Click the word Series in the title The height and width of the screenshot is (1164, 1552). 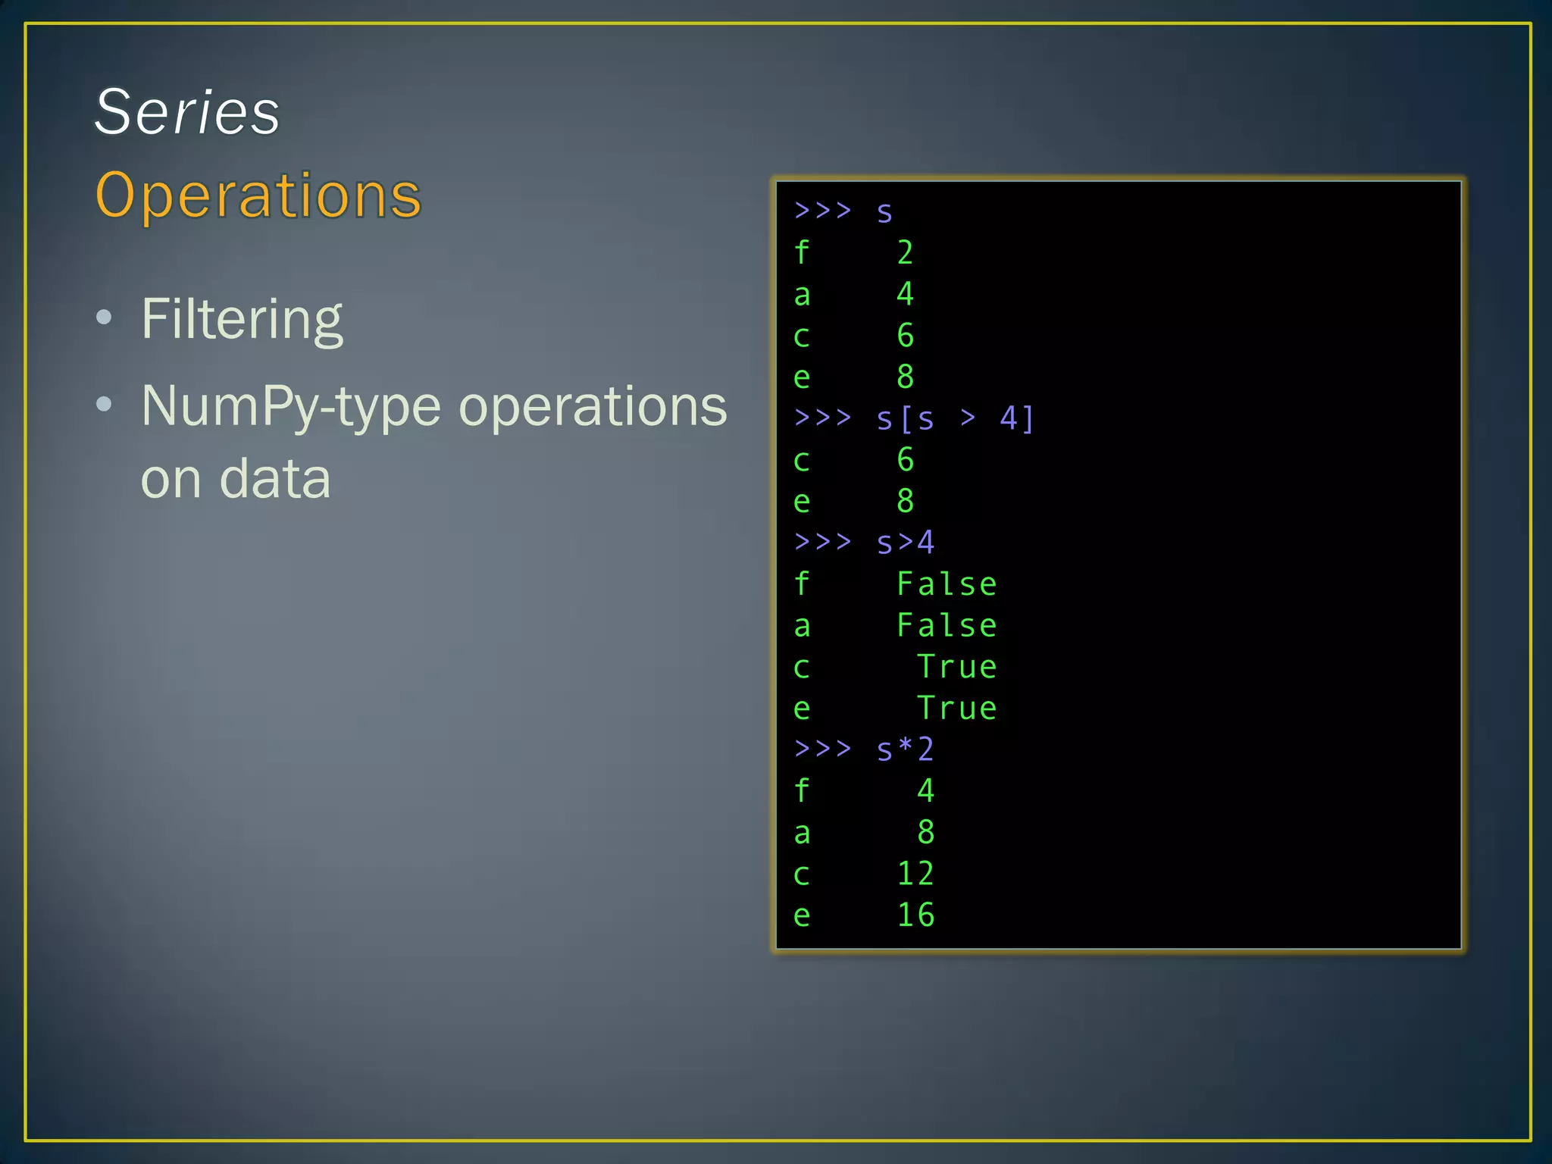pyautogui.click(x=187, y=112)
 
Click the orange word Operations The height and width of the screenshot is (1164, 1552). pyautogui.click(x=258, y=196)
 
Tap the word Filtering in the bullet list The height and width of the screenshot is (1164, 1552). pyautogui.click(x=242, y=319)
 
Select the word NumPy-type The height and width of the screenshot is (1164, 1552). pyautogui.click(x=291, y=407)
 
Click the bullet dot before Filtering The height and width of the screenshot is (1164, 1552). pyautogui.click(x=105, y=318)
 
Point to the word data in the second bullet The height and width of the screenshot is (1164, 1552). pyautogui.click(x=275, y=479)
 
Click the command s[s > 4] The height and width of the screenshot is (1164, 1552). pyautogui.click(x=955, y=418)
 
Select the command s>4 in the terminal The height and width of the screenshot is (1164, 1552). pyautogui.click(x=905, y=543)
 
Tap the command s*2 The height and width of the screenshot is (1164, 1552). pyautogui.click(x=905, y=749)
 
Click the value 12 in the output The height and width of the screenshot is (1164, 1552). pyautogui.click(x=915, y=874)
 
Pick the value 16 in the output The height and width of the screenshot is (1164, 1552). pyautogui.click(x=915, y=915)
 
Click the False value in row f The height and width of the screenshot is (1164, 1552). pyautogui.click(x=947, y=584)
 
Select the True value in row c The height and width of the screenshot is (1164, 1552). pyautogui.click(x=957, y=667)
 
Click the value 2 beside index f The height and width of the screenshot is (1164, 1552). pyautogui.click(x=905, y=252)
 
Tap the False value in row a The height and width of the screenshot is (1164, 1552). pyautogui.click(x=947, y=626)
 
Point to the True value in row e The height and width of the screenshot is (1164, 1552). pyautogui.click(x=957, y=709)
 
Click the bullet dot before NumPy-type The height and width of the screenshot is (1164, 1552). pyautogui.click(x=105, y=405)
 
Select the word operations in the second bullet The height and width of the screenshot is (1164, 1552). pyautogui.click(x=593, y=407)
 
